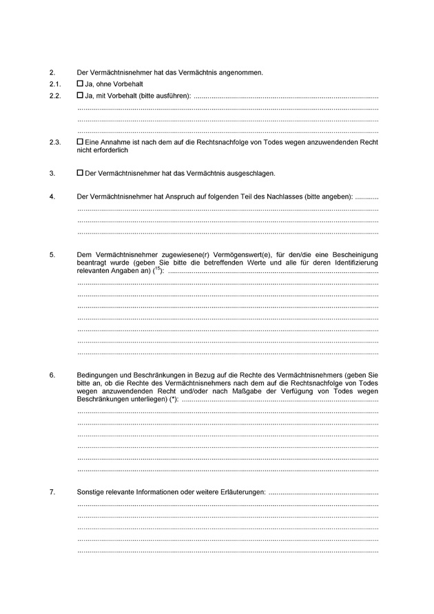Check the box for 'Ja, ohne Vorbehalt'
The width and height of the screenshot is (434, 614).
coord(80,83)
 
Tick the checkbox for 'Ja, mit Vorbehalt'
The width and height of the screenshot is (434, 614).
coord(80,94)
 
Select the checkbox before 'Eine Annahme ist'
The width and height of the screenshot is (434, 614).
coord(80,142)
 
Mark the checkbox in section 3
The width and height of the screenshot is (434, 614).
coord(80,173)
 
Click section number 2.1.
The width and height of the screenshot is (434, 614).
coord(55,84)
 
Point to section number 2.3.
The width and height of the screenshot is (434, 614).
coord(55,143)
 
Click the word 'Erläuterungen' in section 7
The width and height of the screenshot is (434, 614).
coord(241,492)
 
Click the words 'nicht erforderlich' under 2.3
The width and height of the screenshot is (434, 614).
coord(103,150)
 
